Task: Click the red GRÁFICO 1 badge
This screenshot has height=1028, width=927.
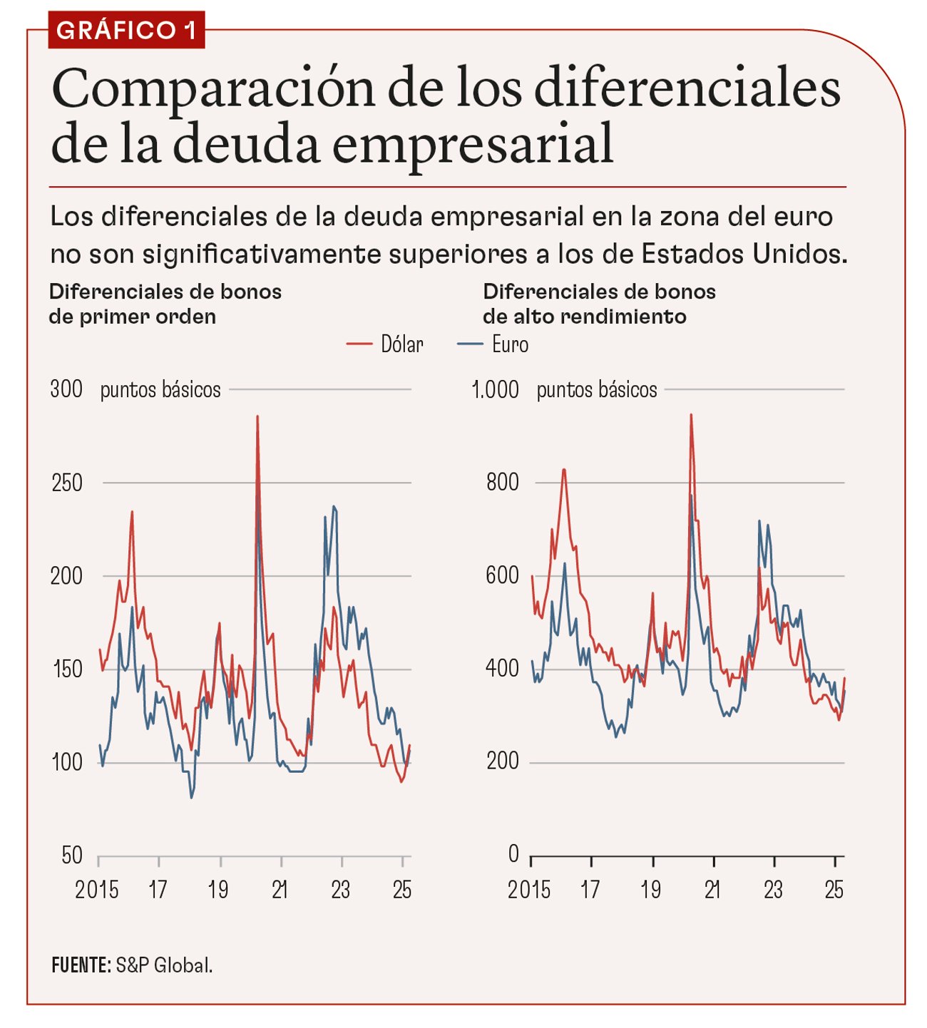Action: pos(126,30)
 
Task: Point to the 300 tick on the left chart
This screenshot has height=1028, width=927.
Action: pos(66,389)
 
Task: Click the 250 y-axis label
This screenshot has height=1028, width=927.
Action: pos(67,483)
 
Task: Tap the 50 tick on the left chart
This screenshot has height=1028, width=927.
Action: pos(72,855)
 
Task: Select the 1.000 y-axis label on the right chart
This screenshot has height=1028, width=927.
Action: pos(496,389)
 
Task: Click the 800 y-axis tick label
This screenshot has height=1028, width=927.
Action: pos(502,483)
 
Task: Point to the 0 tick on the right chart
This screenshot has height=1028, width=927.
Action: pos(513,853)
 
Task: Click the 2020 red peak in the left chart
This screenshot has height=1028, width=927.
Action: pos(257,417)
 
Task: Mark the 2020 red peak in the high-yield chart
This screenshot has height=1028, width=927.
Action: pos(690,415)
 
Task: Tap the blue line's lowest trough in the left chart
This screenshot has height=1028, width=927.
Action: pos(191,797)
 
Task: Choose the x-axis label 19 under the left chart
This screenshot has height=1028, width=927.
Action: pos(218,890)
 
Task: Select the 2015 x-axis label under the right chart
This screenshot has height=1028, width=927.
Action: pos(529,890)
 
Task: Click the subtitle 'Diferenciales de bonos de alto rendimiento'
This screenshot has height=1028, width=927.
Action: pos(599,304)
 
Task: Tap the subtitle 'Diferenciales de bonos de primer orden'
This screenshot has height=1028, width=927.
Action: pos(165,304)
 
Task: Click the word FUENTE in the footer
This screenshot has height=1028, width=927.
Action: pos(81,965)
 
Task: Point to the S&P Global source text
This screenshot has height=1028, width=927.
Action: pos(164,965)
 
